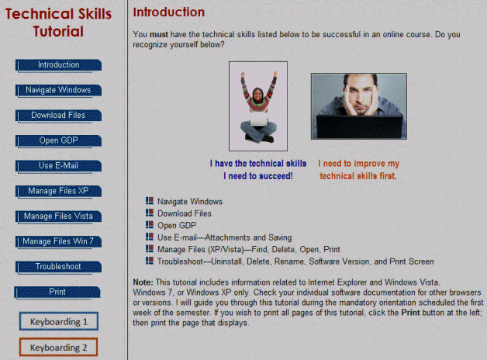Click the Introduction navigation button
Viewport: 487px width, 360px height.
point(58,65)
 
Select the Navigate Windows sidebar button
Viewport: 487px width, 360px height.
point(58,91)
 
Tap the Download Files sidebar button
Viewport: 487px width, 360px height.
point(58,116)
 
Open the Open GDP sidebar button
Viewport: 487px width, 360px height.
point(58,140)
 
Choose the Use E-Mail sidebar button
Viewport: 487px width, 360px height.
point(58,166)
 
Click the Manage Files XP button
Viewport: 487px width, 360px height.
point(58,192)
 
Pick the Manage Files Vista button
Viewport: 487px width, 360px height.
point(58,216)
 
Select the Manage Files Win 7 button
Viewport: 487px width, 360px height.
point(58,241)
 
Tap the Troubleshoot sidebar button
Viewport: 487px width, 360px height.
point(58,267)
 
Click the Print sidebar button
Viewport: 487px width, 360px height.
point(57,292)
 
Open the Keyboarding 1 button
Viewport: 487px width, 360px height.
point(59,321)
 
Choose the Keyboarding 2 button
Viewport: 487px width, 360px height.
point(58,347)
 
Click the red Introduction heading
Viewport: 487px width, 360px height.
point(169,12)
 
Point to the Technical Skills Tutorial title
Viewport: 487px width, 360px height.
point(58,22)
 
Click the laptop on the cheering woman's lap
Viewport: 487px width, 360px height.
point(259,122)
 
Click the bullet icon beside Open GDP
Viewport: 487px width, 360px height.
point(150,224)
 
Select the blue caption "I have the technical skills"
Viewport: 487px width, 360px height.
point(258,164)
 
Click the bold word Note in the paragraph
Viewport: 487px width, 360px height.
point(143,282)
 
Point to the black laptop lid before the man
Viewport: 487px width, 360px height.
point(359,126)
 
